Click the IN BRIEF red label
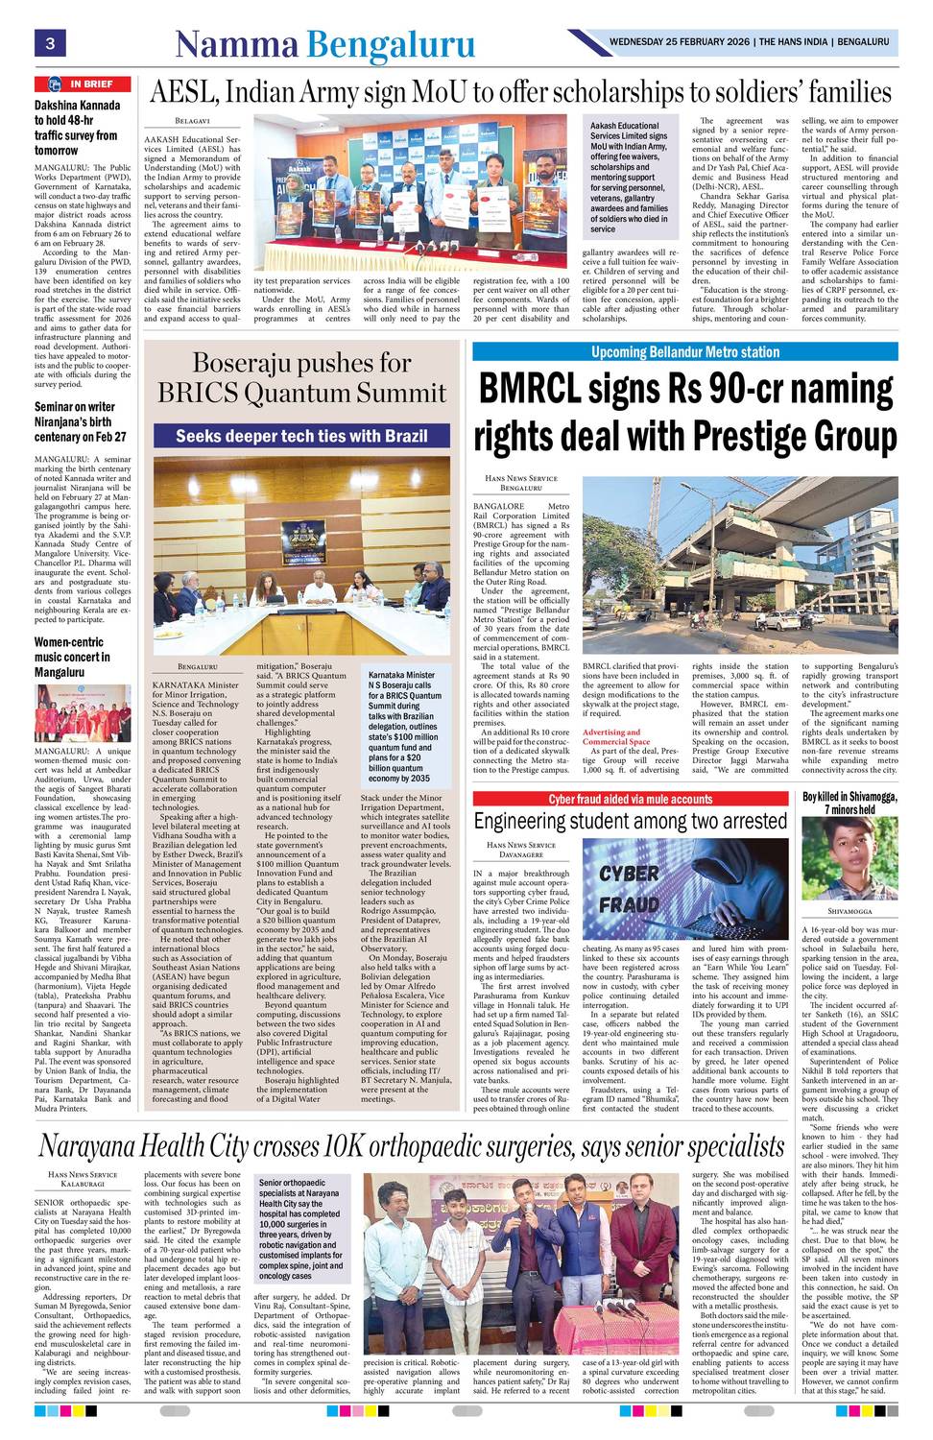[x=82, y=84]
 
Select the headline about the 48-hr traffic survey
[x=77, y=128]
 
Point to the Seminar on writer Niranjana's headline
[x=80, y=421]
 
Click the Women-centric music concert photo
[x=83, y=713]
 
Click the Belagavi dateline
[x=192, y=121]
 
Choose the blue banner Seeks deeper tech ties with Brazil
[x=301, y=436]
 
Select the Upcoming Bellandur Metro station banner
[x=684, y=352]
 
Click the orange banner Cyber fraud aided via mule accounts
[x=630, y=799]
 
